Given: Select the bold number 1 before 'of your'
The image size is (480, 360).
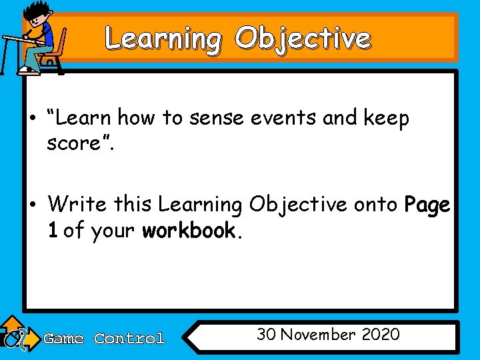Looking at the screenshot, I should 52,231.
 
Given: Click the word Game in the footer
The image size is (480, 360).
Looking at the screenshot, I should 63,339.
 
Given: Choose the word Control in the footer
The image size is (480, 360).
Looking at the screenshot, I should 129,339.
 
